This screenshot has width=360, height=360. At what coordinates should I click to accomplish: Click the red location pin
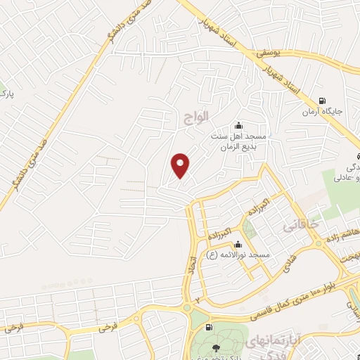pyautogui.click(x=181, y=165)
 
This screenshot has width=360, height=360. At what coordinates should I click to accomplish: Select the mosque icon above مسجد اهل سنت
pyautogui.click(x=239, y=124)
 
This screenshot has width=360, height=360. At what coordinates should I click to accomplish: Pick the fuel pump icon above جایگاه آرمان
pyautogui.click(x=322, y=101)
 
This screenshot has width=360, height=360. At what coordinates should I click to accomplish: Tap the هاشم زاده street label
pyautogui.click(x=345, y=233)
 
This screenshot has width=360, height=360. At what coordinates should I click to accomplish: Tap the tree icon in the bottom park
pyautogui.click(x=216, y=347)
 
